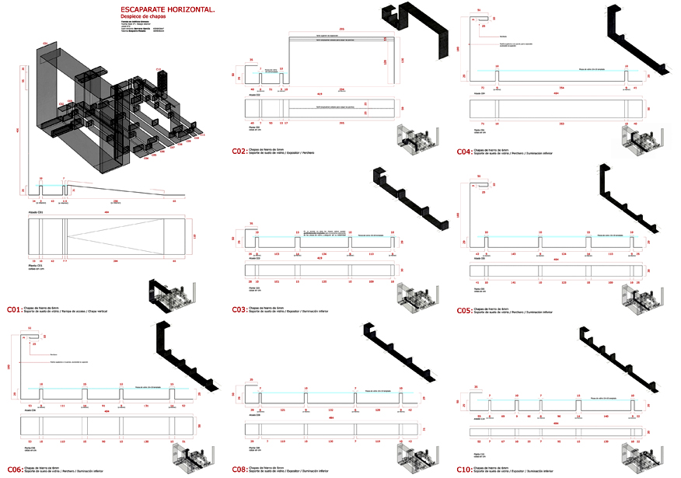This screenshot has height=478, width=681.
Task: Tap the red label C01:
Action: pos(14,309)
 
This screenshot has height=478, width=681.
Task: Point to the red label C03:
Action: pos(239,309)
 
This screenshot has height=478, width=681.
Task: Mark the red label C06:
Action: pos(14,469)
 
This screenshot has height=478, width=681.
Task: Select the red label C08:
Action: pos(239,469)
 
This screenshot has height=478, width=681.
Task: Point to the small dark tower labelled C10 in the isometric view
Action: pos(161,79)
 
